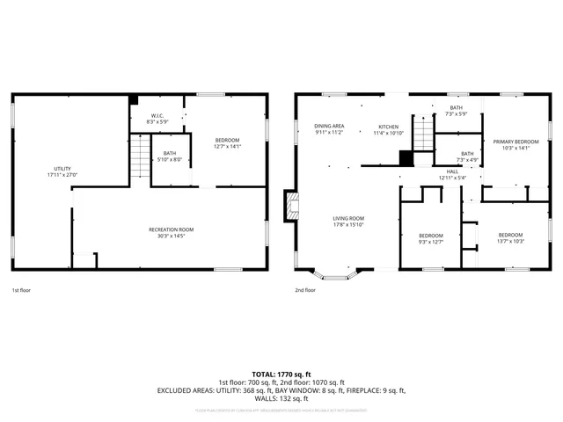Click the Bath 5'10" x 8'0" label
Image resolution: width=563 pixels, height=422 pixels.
click(170, 156)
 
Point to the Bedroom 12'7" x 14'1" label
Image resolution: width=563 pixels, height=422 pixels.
click(227, 143)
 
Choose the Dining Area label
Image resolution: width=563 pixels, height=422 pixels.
click(329, 129)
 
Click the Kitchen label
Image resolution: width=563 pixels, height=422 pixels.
click(389, 129)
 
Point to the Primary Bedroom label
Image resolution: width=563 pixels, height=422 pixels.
click(515, 144)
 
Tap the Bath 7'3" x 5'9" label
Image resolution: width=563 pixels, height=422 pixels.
click(456, 110)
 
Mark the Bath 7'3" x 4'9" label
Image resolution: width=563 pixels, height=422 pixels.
click(466, 156)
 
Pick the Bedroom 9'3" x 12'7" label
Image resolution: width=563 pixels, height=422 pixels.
click(430, 238)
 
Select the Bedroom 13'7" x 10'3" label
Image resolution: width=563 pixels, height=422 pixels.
click(510, 237)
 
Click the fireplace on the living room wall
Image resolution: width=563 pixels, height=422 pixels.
click(289, 207)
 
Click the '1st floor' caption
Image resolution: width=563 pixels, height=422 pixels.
click(21, 289)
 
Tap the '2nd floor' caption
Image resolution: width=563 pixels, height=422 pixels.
click(304, 289)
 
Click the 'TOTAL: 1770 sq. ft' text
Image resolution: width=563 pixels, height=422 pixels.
click(281, 374)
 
